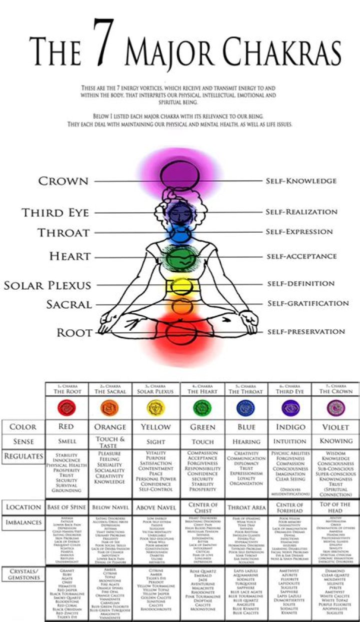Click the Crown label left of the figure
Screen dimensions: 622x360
pyautogui.click(x=63, y=181)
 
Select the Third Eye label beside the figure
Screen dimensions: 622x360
pyautogui.click(x=55, y=213)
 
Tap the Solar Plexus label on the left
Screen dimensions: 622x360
pyautogui.click(x=47, y=286)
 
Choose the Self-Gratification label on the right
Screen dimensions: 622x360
pyautogui.click(x=307, y=303)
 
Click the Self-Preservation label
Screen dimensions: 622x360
pyautogui.click(x=306, y=331)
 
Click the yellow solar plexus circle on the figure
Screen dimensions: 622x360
pyautogui.click(x=178, y=286)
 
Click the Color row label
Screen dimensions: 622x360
pyautogui.click(x=23, y=427)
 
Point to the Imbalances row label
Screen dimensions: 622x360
pyautogui.click(x=23, y=522)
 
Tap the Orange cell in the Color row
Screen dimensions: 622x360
pyautogui.click(x=110, y=427)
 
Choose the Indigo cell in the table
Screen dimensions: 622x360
pyautogui.click(x=290, y=427)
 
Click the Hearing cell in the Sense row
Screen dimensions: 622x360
pyautogui.click(x=246, y=442)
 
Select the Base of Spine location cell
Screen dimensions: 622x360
pyautogui.click(x=66, y=507)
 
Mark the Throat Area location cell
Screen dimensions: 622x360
pyautogui.click(x=246, y=507)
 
